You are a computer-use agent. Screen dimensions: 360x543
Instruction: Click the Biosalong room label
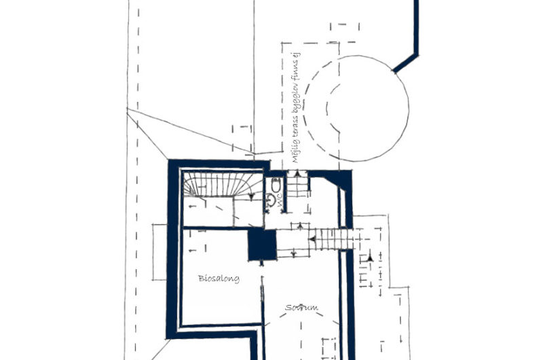219,278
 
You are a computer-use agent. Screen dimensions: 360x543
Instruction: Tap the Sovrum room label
301,308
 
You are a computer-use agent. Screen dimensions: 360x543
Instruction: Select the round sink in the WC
271,200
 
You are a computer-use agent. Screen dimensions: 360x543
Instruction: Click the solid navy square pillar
262,245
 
